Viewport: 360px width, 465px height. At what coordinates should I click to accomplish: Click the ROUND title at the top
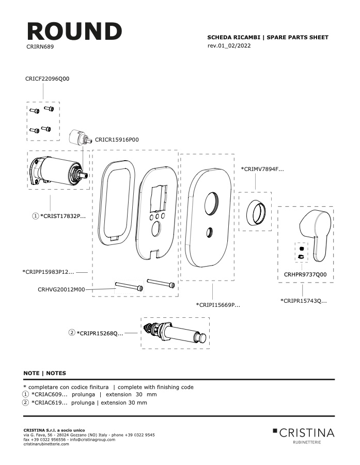(74, 31)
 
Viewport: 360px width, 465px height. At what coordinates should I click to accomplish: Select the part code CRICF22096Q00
(47, 79)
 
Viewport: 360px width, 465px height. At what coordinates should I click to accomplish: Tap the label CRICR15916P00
(117, 139)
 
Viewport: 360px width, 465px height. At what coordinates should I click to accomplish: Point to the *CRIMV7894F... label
(262, 169)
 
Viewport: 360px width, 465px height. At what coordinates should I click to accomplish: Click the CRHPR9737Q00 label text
(305, 274)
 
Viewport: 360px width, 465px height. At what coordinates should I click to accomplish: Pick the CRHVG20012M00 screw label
(61, 289)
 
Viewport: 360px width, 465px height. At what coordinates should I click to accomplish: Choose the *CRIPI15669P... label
(218, 304)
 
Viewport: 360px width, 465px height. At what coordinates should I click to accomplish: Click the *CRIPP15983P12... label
(49, 272)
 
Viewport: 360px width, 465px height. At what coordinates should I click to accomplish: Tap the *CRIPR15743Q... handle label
(304, 301)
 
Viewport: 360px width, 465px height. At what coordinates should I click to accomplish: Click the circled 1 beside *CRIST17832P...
(35, 216)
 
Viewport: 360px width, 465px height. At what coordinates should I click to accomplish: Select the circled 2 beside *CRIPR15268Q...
(72, 333)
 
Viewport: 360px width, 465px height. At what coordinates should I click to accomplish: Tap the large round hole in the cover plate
(211, 203)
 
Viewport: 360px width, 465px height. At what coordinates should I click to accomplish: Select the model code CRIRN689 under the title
(40, 47)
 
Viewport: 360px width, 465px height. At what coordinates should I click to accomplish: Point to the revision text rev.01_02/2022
(229, 45)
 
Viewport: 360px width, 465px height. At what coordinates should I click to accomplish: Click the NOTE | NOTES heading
(45, 373)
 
